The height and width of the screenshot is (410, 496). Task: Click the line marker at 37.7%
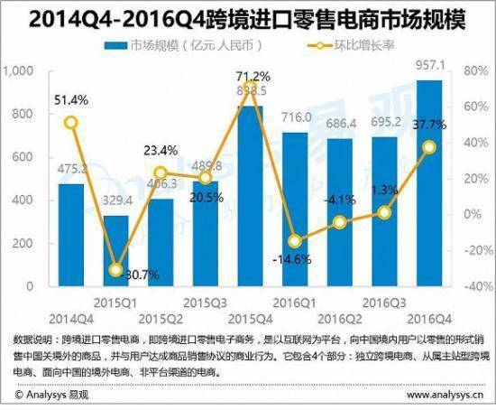(430, 146)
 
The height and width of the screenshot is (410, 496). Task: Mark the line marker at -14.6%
(295, 241)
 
